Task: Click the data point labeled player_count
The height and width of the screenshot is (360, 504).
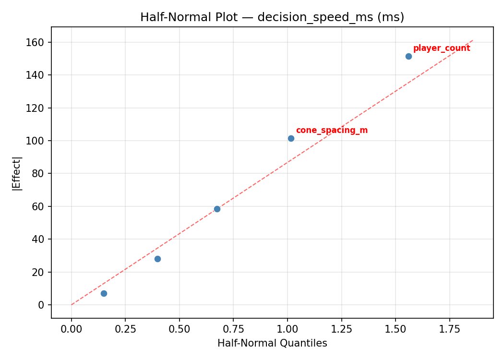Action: tap(408, 56)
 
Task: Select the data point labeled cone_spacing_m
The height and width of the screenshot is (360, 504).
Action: tap(291, 138)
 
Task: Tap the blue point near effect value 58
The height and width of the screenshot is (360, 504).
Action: tap(217, 209)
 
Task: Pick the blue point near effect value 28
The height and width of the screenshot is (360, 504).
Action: tap(157, 259)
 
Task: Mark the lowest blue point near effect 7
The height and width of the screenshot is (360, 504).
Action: tap(104, 293)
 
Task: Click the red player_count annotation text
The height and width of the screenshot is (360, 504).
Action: tap(442, 48)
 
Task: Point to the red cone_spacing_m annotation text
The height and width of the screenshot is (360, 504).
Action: tap(332, 130)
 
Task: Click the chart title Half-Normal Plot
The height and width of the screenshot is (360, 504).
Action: tap(272, 17)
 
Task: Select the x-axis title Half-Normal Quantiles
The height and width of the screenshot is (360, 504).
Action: tap(272, 343)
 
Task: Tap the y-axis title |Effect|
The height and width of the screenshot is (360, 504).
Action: tap(17, 173)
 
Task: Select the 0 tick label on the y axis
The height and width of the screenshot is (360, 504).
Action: tap(41, 305)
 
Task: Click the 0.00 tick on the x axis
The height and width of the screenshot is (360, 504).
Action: tap(72, 330)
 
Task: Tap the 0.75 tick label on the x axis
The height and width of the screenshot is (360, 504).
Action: tap(233, 330)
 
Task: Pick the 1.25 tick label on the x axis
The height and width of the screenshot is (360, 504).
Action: tap(341, 330)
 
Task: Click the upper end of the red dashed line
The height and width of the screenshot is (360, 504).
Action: tap(473, 40)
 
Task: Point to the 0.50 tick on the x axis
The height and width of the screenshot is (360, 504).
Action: tap(179, 330)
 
